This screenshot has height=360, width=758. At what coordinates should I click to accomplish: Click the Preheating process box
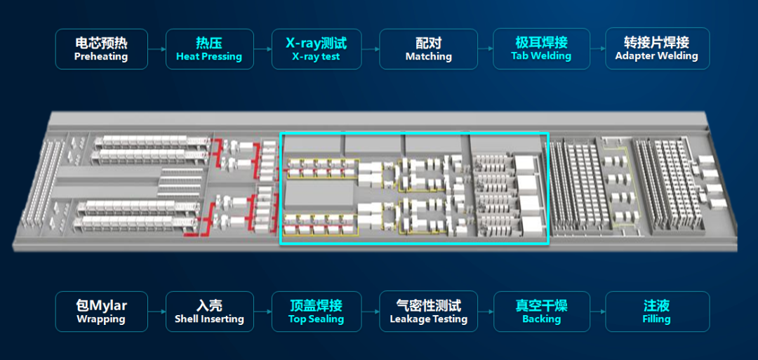coord(101,49)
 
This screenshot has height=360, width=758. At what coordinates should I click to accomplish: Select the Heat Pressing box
coord(209,49)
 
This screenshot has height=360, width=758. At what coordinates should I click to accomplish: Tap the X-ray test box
coord(316,49)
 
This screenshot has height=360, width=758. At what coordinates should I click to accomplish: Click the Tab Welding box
coord(541,48)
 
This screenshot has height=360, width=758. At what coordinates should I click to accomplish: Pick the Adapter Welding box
coord(657,48)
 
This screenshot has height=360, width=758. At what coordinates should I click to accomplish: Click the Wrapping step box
coord(101,312)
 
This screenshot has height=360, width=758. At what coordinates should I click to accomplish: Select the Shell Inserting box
coord(209,312)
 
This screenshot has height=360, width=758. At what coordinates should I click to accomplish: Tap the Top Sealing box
coord(316,312)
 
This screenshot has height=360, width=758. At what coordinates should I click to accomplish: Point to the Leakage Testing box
coord(428,312)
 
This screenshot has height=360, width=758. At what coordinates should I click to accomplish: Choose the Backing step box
coord(541,312)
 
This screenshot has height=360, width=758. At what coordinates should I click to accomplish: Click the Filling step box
coord(657,312)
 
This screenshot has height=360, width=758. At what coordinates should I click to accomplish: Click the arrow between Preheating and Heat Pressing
coord(157,49)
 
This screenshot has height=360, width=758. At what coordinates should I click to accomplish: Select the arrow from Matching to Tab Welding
coord(485,49)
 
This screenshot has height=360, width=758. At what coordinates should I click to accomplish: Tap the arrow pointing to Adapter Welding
coord(597,49)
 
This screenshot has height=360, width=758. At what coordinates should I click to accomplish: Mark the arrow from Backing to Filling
coord(597,312)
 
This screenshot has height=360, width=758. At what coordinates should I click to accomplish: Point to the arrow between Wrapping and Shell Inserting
coord(157,312)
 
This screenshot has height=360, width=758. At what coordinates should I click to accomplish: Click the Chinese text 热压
coord(209,43)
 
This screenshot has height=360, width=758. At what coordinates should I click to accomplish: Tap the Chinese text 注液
coord(657,306)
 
